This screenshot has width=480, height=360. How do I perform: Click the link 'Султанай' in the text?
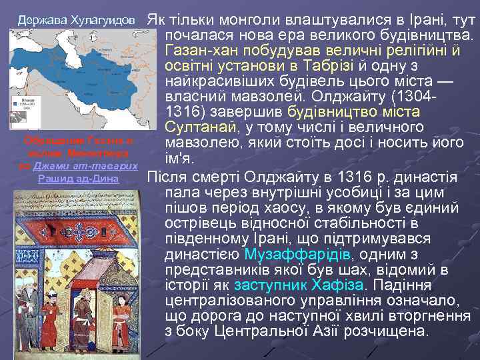coord(201,126)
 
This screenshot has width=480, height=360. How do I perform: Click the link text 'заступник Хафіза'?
coord(311,285)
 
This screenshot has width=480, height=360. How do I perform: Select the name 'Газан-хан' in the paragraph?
coord(196,49)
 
